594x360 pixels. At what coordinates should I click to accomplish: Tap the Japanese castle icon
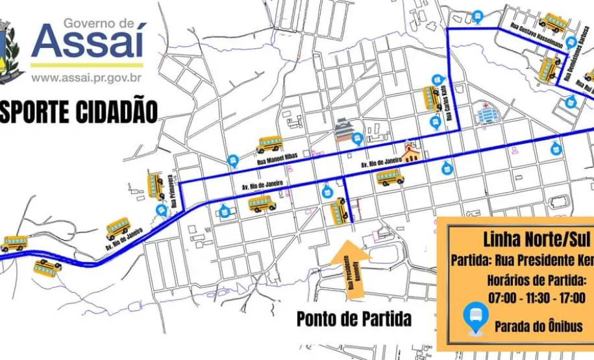pyautogui.click(x=343, y=130)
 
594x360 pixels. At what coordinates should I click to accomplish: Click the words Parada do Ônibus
pyautogui.click(x=538, y=326)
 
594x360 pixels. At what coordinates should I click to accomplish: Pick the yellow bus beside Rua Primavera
pyautogui.click(x=156, y=186)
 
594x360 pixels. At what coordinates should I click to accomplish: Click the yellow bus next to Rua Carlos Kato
pyautogui.click(x=432, y=99)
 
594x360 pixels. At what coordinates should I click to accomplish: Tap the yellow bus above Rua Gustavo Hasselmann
pyautogui.click(x=553, y=23)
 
